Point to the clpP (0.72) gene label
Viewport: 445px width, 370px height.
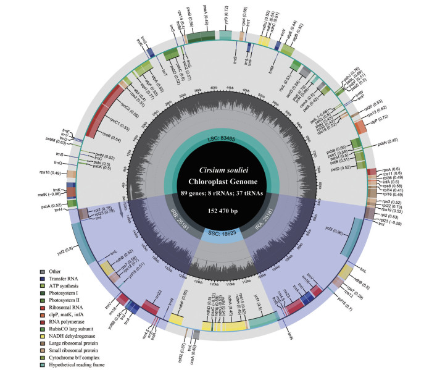(381, 133)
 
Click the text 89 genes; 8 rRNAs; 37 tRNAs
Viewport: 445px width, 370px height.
(221, 193)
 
